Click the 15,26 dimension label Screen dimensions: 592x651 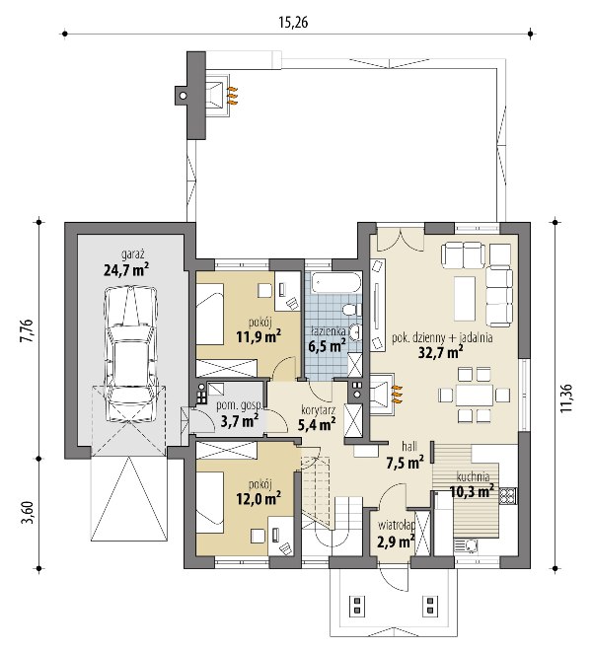293,22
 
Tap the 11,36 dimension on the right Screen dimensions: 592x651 566,398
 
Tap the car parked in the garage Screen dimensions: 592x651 131,354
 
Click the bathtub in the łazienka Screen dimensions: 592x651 336,282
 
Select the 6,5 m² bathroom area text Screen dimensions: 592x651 328,345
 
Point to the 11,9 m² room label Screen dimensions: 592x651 259,336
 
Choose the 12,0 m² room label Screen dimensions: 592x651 259,498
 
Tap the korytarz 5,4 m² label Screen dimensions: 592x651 318,417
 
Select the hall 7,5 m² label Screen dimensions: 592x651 406,456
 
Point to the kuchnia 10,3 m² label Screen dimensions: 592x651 473,484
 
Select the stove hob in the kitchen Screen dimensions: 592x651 508,496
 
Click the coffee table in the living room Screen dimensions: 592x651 465,299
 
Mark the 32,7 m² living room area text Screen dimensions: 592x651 441,352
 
